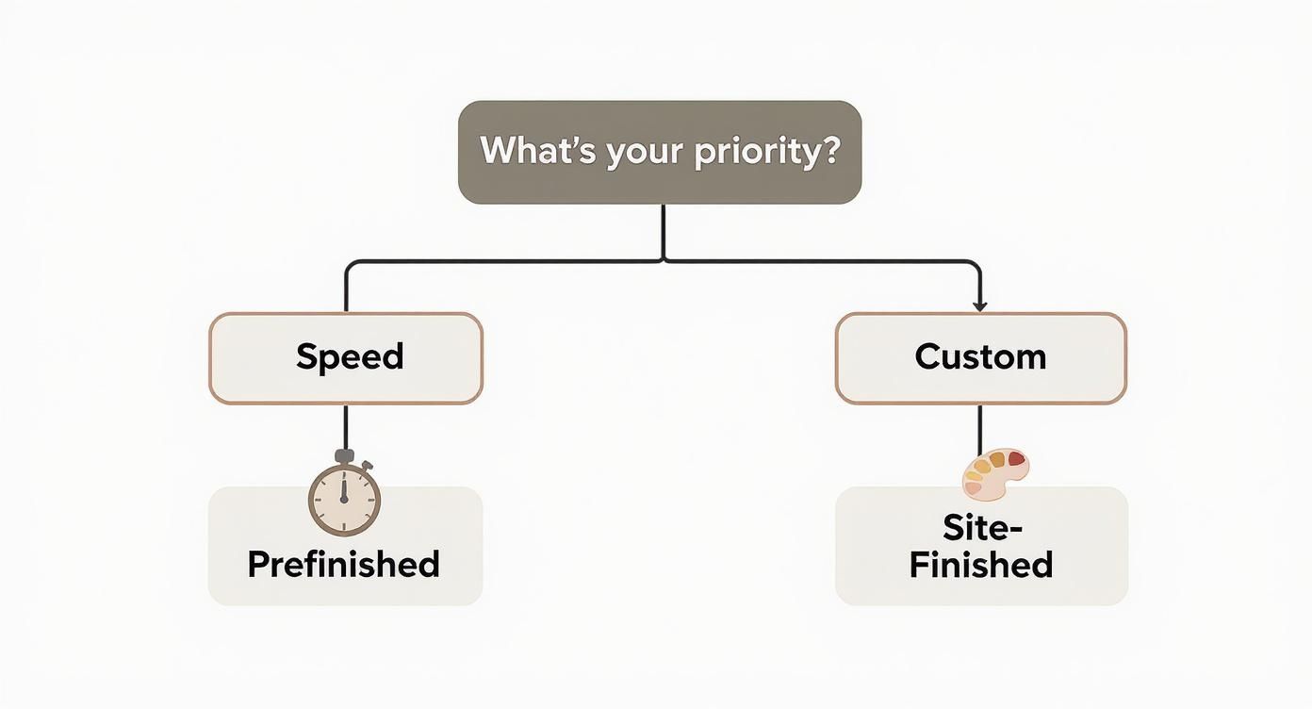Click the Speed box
pos(345,358)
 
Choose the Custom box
pos(980,358)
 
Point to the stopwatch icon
pos(345,496)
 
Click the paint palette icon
pos(995,472)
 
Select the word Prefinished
pos(344,564)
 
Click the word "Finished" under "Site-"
pos(981,565)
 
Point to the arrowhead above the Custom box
pos(980,305)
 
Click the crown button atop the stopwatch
pos(344,456)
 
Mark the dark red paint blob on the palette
pos(1016,459)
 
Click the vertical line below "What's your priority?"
pos(664,231)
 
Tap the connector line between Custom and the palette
pos(980,429)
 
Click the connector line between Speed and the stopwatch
pos(345,426)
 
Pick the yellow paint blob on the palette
pos(985,465)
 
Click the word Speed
pos(350,357)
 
